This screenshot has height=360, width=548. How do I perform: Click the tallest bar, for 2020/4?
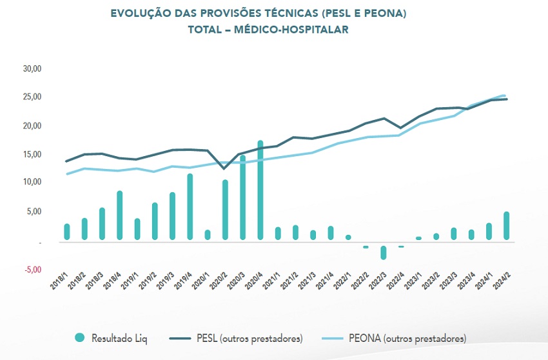coord(260,190)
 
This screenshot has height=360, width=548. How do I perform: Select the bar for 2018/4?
coord(120,215)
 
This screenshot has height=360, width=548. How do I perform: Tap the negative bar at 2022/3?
coord(384,252)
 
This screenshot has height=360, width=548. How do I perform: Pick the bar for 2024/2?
coord(507,226)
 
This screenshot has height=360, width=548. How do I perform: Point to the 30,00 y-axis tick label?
coord(31,68)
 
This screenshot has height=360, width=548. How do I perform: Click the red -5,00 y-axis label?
coord(32,269)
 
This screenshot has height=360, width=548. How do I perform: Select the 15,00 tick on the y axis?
coord(31,154)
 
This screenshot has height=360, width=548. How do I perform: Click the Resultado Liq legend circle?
coord(79,337)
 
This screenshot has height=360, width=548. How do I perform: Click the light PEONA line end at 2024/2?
coord(504,95)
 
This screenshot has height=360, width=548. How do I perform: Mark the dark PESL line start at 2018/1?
coord(67,161)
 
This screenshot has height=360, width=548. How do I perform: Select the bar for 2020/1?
coord(208,235)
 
